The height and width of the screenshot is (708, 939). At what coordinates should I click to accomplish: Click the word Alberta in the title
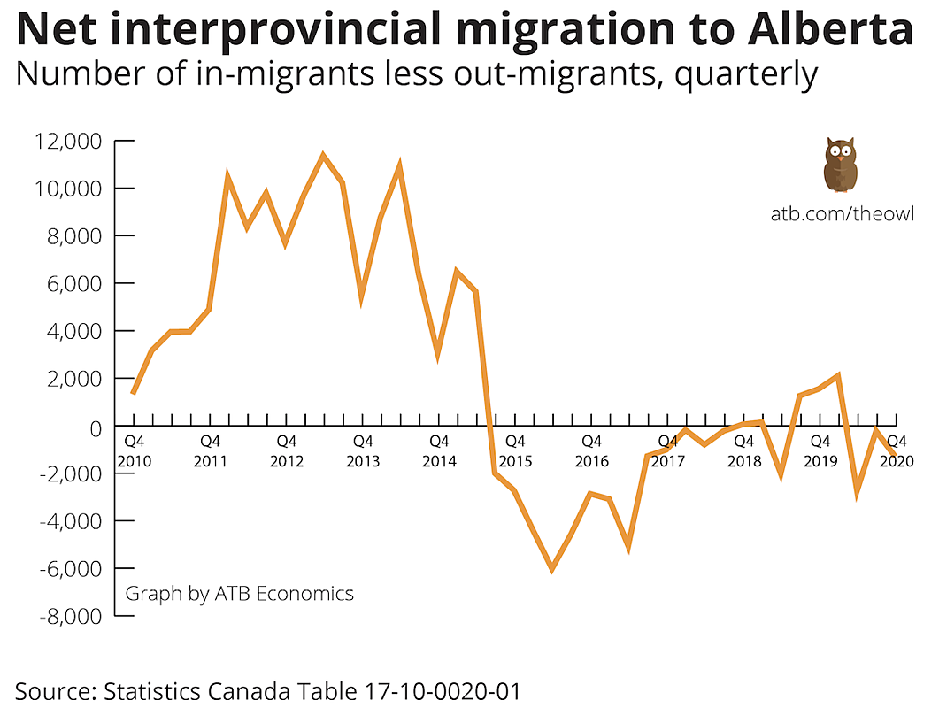click(830, 29)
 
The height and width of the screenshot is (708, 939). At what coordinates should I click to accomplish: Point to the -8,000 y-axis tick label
click(66, 616)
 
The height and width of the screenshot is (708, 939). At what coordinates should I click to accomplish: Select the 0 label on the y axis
click(94, 427)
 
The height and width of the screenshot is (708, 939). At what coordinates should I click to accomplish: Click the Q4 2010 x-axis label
click(134, 450)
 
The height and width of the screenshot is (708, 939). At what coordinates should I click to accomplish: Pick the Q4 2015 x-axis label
click(515, 450)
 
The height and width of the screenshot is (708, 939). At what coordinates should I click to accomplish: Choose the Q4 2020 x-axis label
click(896, 450)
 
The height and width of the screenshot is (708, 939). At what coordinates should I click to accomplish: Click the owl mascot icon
click(840, 165)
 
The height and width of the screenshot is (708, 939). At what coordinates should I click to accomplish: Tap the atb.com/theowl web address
click(841, 214)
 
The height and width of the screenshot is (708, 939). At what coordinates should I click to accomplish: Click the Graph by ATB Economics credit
click(239, 593)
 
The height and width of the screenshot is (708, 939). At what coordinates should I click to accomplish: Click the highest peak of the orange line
click(323, 156)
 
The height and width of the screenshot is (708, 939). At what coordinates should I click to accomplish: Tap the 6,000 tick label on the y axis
click(75, 284)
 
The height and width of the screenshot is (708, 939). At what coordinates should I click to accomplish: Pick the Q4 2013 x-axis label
click(362, 450)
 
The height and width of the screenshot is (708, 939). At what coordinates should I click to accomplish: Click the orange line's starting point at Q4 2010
click(133, 393)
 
